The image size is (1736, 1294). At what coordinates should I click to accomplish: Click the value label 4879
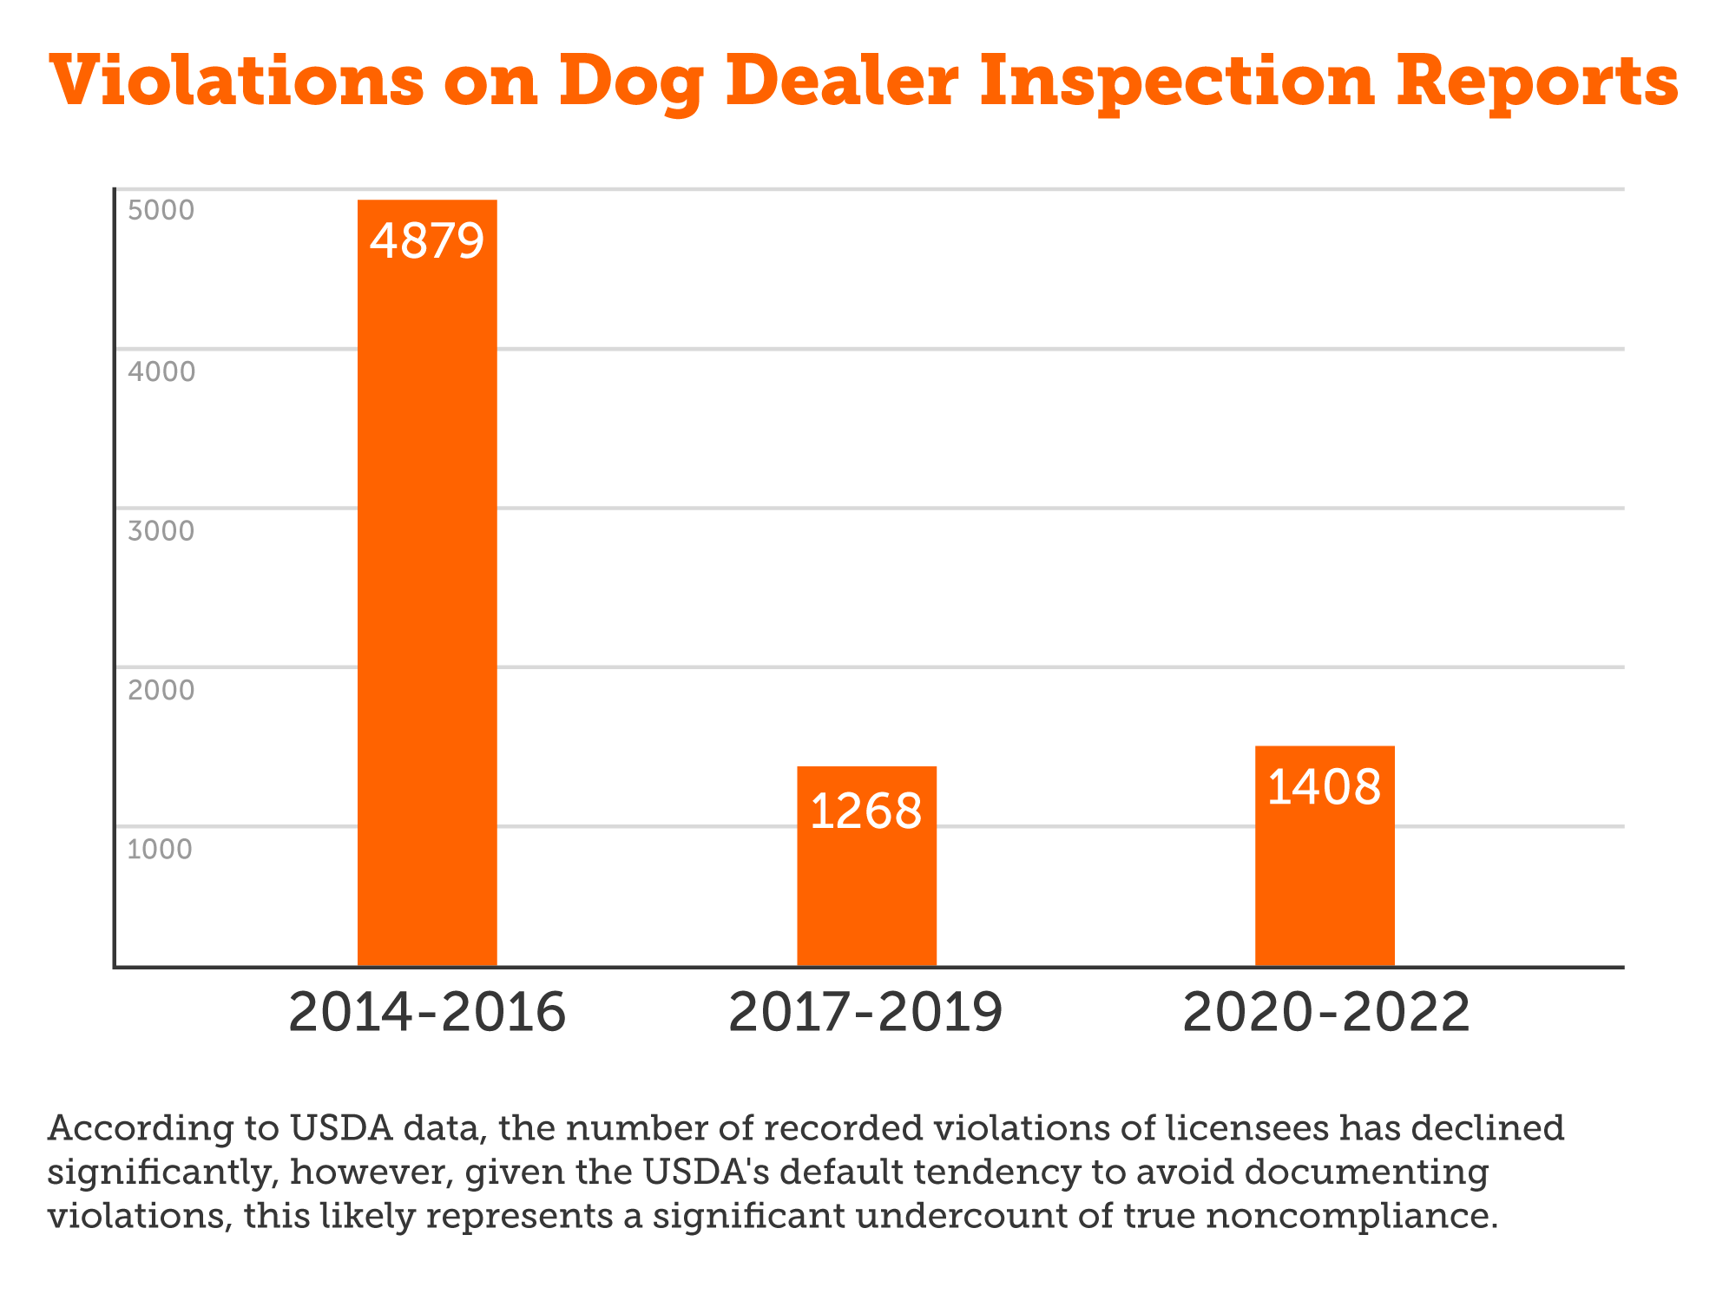pos(427,241)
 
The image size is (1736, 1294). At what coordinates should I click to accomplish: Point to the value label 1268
pos(866,812)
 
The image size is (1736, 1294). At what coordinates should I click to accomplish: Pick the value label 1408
pos(1325,788)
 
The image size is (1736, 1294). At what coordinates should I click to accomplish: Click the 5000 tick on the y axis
pos(161,211)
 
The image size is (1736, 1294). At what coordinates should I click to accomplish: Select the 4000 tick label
pos(161,372)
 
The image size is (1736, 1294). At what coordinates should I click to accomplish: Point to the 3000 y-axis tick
pos(161,531)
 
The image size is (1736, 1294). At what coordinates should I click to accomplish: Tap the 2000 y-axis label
pos(161,691)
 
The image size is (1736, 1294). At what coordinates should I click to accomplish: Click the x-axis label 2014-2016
pos(427,1013)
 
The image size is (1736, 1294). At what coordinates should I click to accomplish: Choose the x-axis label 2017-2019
pos(866,1013)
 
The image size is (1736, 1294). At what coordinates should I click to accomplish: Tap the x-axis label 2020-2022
pos(1326,1013)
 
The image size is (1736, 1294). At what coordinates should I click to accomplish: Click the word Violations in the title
pos(237,81)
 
